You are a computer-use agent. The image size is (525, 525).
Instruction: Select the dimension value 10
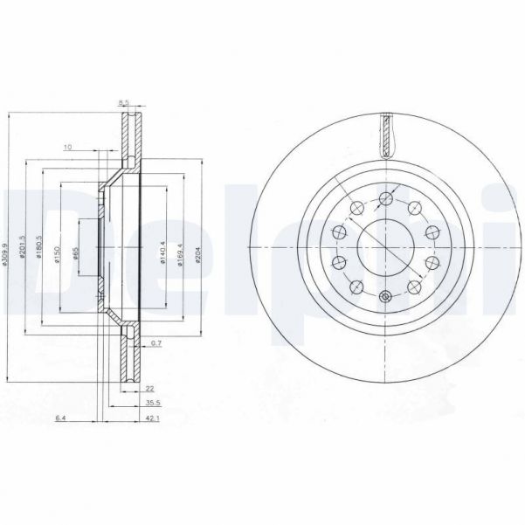(67, 147)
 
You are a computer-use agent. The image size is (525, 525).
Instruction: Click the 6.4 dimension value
(60, 420)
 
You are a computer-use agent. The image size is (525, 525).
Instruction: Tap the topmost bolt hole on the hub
(386, 199)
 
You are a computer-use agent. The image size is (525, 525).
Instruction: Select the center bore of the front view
(386, 246)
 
